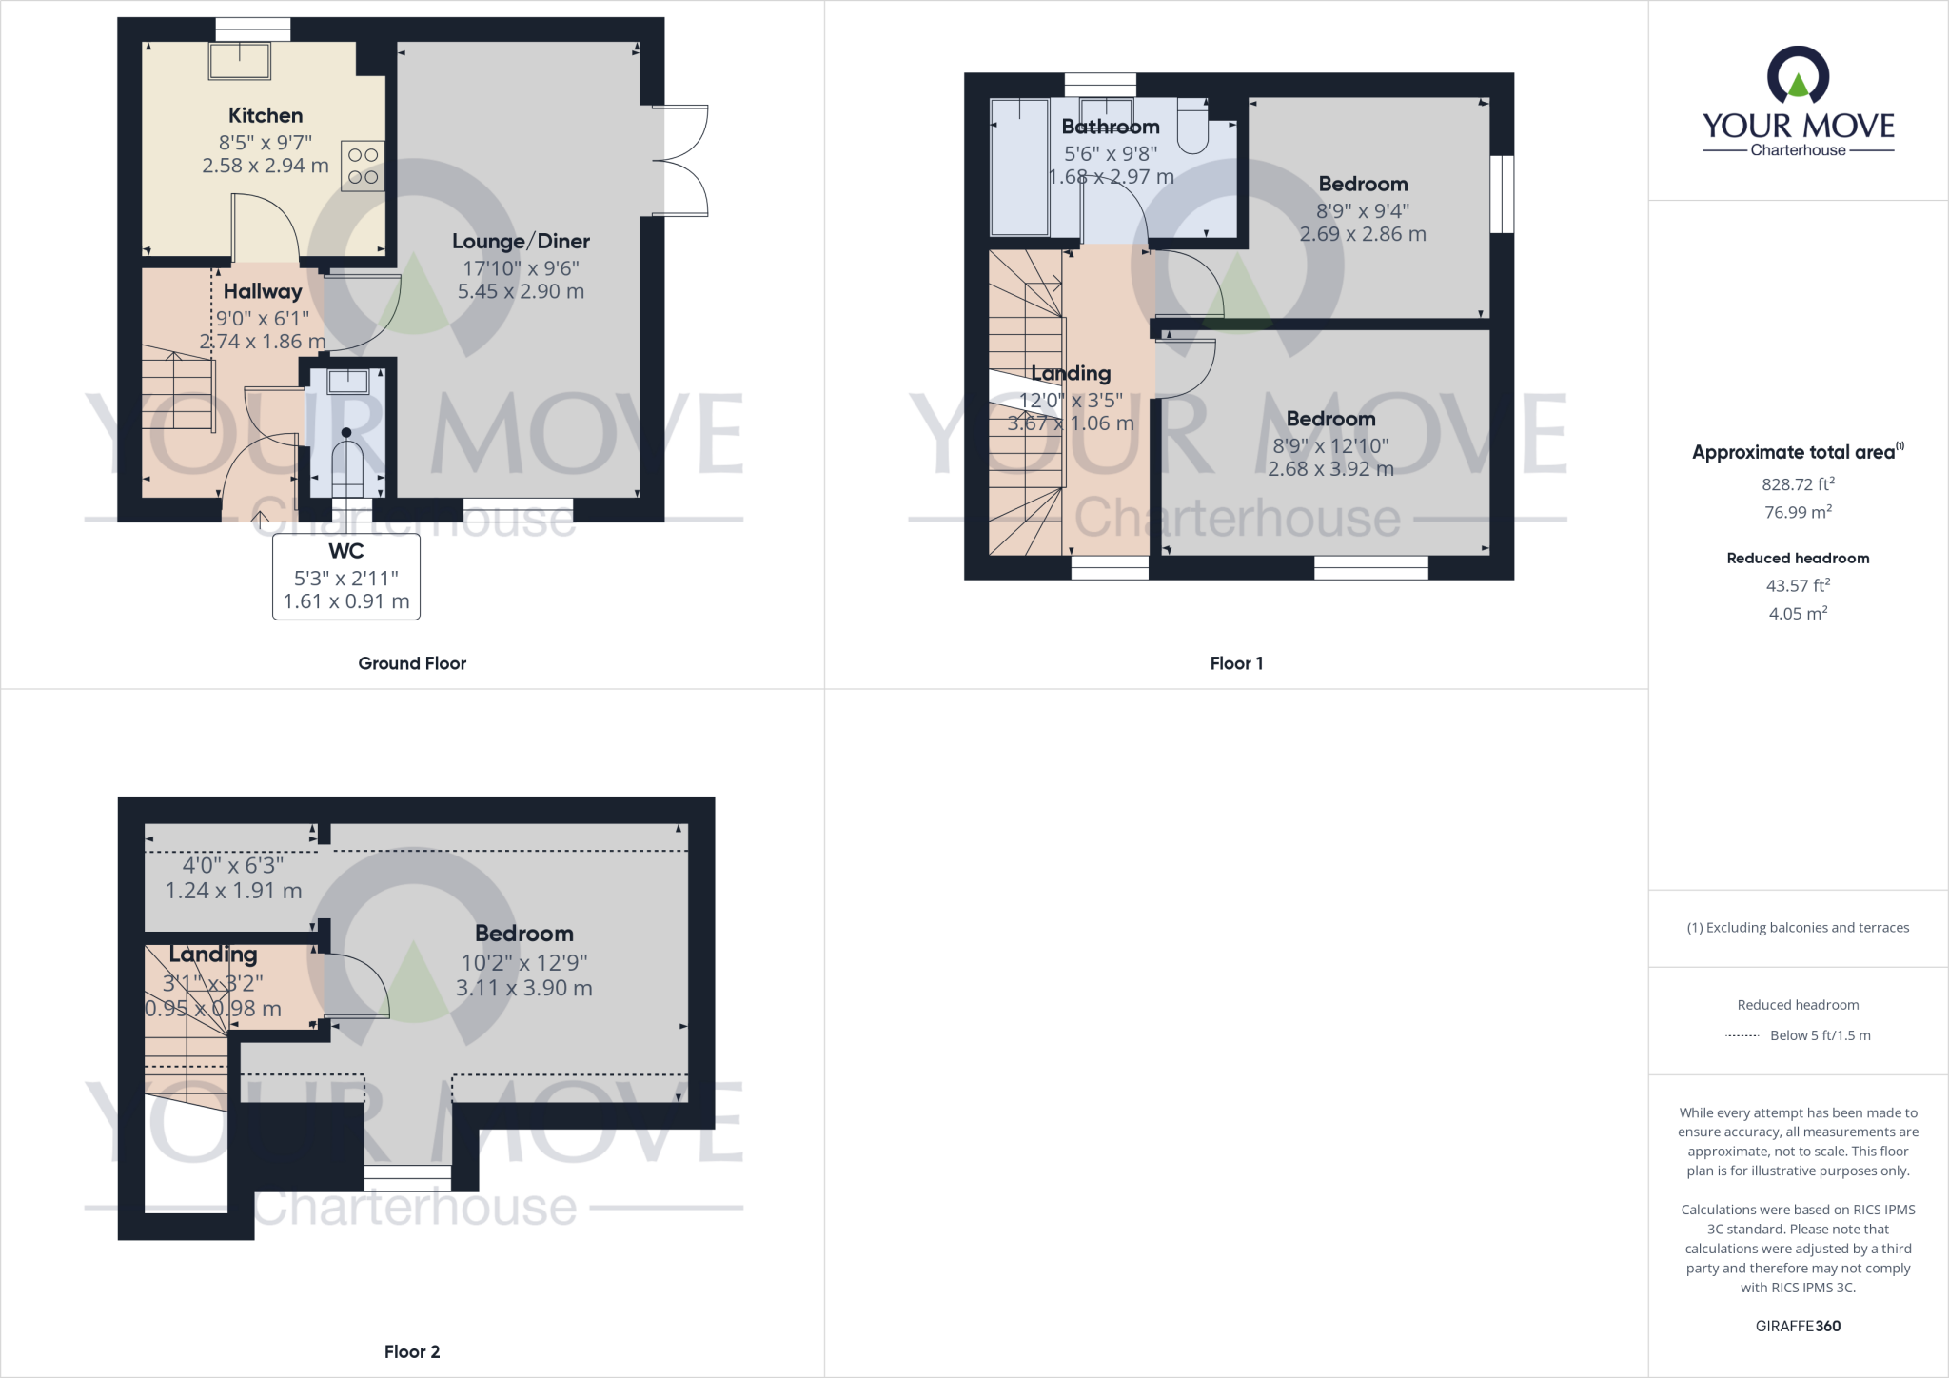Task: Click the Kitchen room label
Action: pyautogui.click(x=266, y=115)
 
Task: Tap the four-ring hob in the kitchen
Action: pyautogui.click(x=362, y=166)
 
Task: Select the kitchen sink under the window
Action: pyautogui.click(x=240, y=62)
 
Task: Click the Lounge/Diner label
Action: pyautogui.click(x=521, y=241)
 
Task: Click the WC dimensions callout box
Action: pyautogui.click(x=346, y=577)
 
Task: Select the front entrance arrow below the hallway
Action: pyautogui.click(x=260, y=520)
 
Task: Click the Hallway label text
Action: pyautogui.click(x=263, y=291)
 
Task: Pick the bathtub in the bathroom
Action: pyautogui.click(x=1019, y=167)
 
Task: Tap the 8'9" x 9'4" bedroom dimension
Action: pyautogui.click(x=1363, y=210)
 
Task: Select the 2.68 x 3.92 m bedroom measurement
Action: pyautogui.click(x=1330, y=469)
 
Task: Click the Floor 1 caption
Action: pyautogui.click(x=1236, y=663)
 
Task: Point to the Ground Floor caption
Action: pyautogui.click(x=412, y=663)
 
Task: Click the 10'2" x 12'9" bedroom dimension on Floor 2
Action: pyautogui.click(x=524, y=962)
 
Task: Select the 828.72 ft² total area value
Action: pyautogui.click(x=1798, y=484)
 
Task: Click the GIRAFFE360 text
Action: pyautogui.click(x=1798, y=1326)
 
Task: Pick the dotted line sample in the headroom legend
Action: pyautogui.click(x=1742, y=1035)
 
